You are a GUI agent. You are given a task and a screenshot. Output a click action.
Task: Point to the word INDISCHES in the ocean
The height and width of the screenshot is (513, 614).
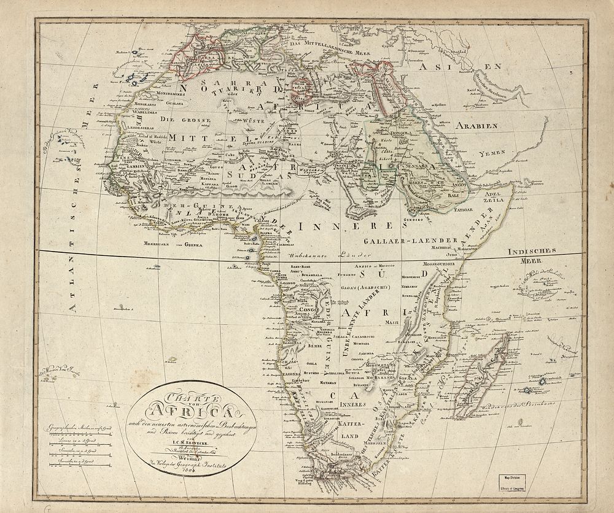point(532,250)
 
